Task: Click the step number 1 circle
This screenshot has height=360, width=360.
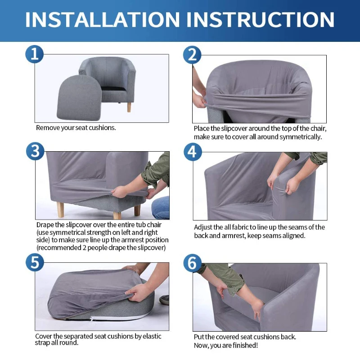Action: [35, 54]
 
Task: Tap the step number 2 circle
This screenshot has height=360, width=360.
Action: [192, 55]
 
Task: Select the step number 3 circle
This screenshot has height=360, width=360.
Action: [35, 152]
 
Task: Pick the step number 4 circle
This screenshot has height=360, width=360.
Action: [193, 152]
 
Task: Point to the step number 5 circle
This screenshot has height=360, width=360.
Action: [35, 262]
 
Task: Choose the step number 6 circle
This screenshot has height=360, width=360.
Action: [193, 263]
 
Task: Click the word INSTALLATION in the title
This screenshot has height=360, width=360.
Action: [103, 19]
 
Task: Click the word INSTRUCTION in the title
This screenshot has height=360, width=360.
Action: [261, 19]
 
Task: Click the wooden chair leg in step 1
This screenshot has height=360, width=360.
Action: [129, 107]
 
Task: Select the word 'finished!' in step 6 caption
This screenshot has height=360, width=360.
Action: [245, 345]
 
